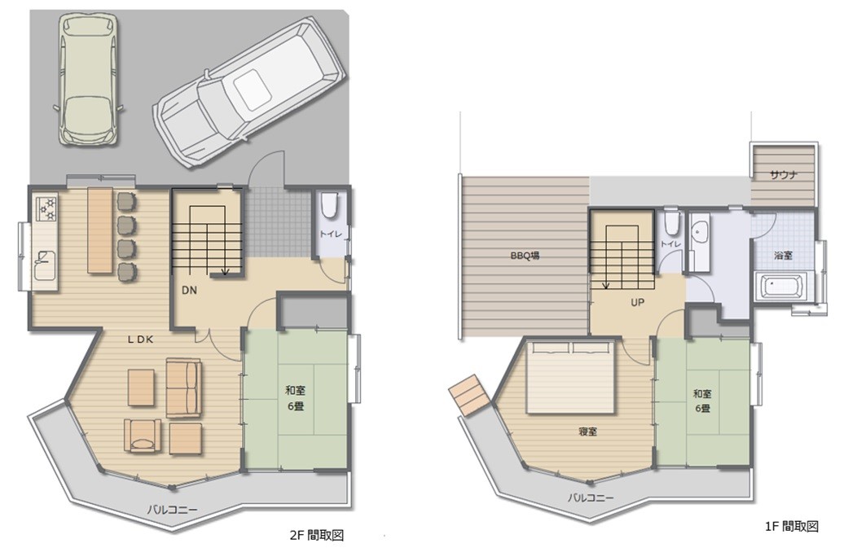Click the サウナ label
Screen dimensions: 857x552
point(784,175)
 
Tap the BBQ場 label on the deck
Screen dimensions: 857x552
point(525,255)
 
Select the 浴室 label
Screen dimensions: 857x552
point(783,255)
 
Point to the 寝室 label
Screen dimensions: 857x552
point(587,432)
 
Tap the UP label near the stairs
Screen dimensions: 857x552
point(637,302)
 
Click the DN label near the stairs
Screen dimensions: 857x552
point(189,291)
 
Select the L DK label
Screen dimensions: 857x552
point(140,339)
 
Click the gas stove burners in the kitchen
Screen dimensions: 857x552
point(46,209)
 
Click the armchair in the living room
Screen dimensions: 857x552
point(143,436)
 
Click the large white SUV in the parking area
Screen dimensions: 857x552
point(249,91)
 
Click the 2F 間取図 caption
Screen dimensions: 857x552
point(317,535)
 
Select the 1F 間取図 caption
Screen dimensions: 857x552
point(792,526)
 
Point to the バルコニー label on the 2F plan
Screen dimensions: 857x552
point(172,509)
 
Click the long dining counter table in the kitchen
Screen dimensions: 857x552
point(100,230)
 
